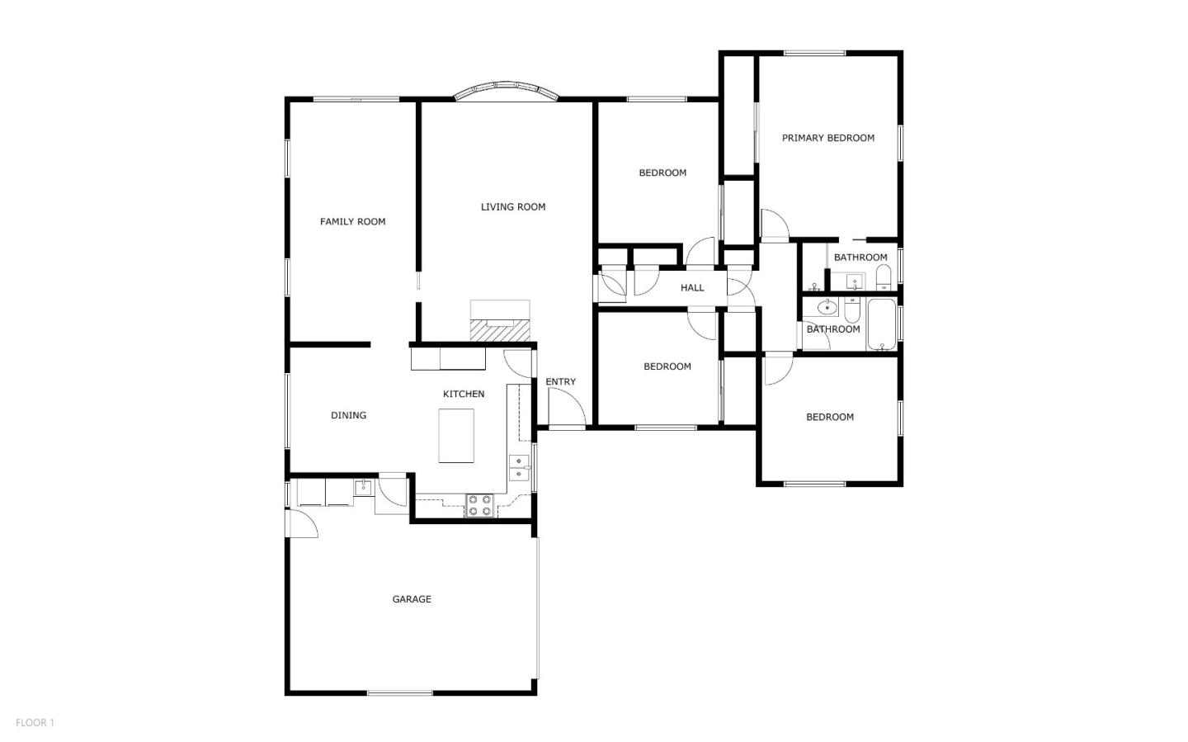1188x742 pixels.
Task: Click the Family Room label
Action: (x=352, y=221)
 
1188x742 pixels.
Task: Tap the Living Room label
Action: (x=512, y=207)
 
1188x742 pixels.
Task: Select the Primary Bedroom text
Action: (x=827, y=138)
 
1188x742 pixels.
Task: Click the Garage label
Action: (x=411, y=599)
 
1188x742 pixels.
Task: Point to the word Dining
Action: (x=348, y=415)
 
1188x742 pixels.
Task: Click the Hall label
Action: (x=692, y=288)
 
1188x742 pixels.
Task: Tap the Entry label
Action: (x=560, y=381)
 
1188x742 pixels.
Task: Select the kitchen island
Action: (x=456, y=436)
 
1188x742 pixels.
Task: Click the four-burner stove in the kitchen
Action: (x=479, y=505)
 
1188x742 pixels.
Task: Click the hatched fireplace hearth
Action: (x=499, y=330)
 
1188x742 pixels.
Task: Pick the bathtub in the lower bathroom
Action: (x=881, y=324)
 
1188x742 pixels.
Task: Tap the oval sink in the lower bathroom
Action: (x=827, y=308)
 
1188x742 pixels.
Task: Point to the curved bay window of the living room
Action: (x=507, y=89)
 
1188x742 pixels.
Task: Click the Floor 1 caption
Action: (x=35, y=722)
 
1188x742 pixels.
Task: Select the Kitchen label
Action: (x=463, y=394)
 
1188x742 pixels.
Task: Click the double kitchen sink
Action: (x=518, y=468)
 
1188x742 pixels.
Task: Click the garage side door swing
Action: (x=302, y=523)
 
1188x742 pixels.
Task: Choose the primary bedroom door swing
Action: (x=774, y=225)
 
